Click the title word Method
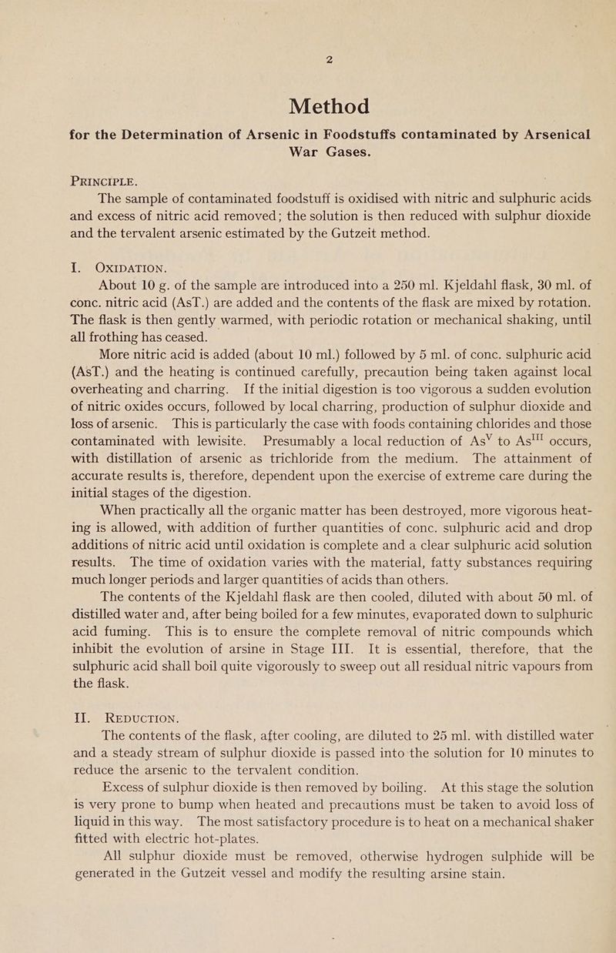(329, 104)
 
